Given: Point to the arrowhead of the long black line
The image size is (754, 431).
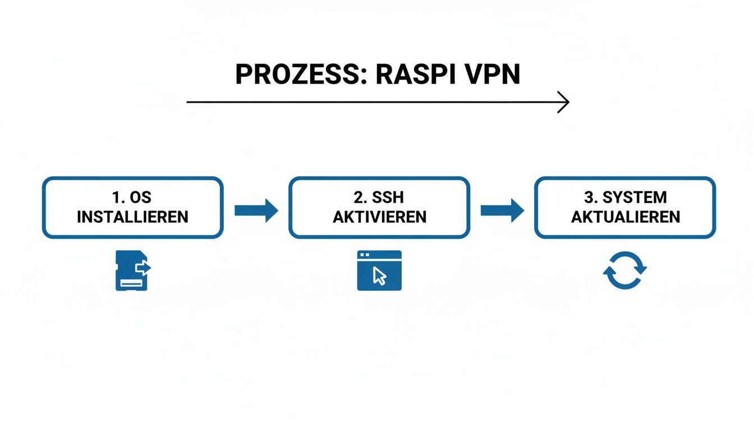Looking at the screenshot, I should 565,102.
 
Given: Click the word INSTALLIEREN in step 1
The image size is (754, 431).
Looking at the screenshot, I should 132,217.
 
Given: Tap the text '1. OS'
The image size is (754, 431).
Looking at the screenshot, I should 132,198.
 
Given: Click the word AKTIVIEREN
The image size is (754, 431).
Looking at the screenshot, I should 379,217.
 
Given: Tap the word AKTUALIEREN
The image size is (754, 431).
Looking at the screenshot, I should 625,217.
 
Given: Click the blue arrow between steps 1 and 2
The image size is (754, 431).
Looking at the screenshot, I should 256,210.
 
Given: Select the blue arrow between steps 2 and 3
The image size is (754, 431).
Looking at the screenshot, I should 502,210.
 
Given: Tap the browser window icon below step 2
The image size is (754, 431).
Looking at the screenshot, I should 379,270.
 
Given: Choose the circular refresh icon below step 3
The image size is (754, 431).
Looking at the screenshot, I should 625,270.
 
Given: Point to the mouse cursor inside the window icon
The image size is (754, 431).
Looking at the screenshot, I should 380,276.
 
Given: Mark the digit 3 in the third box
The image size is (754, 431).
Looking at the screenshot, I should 588,198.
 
